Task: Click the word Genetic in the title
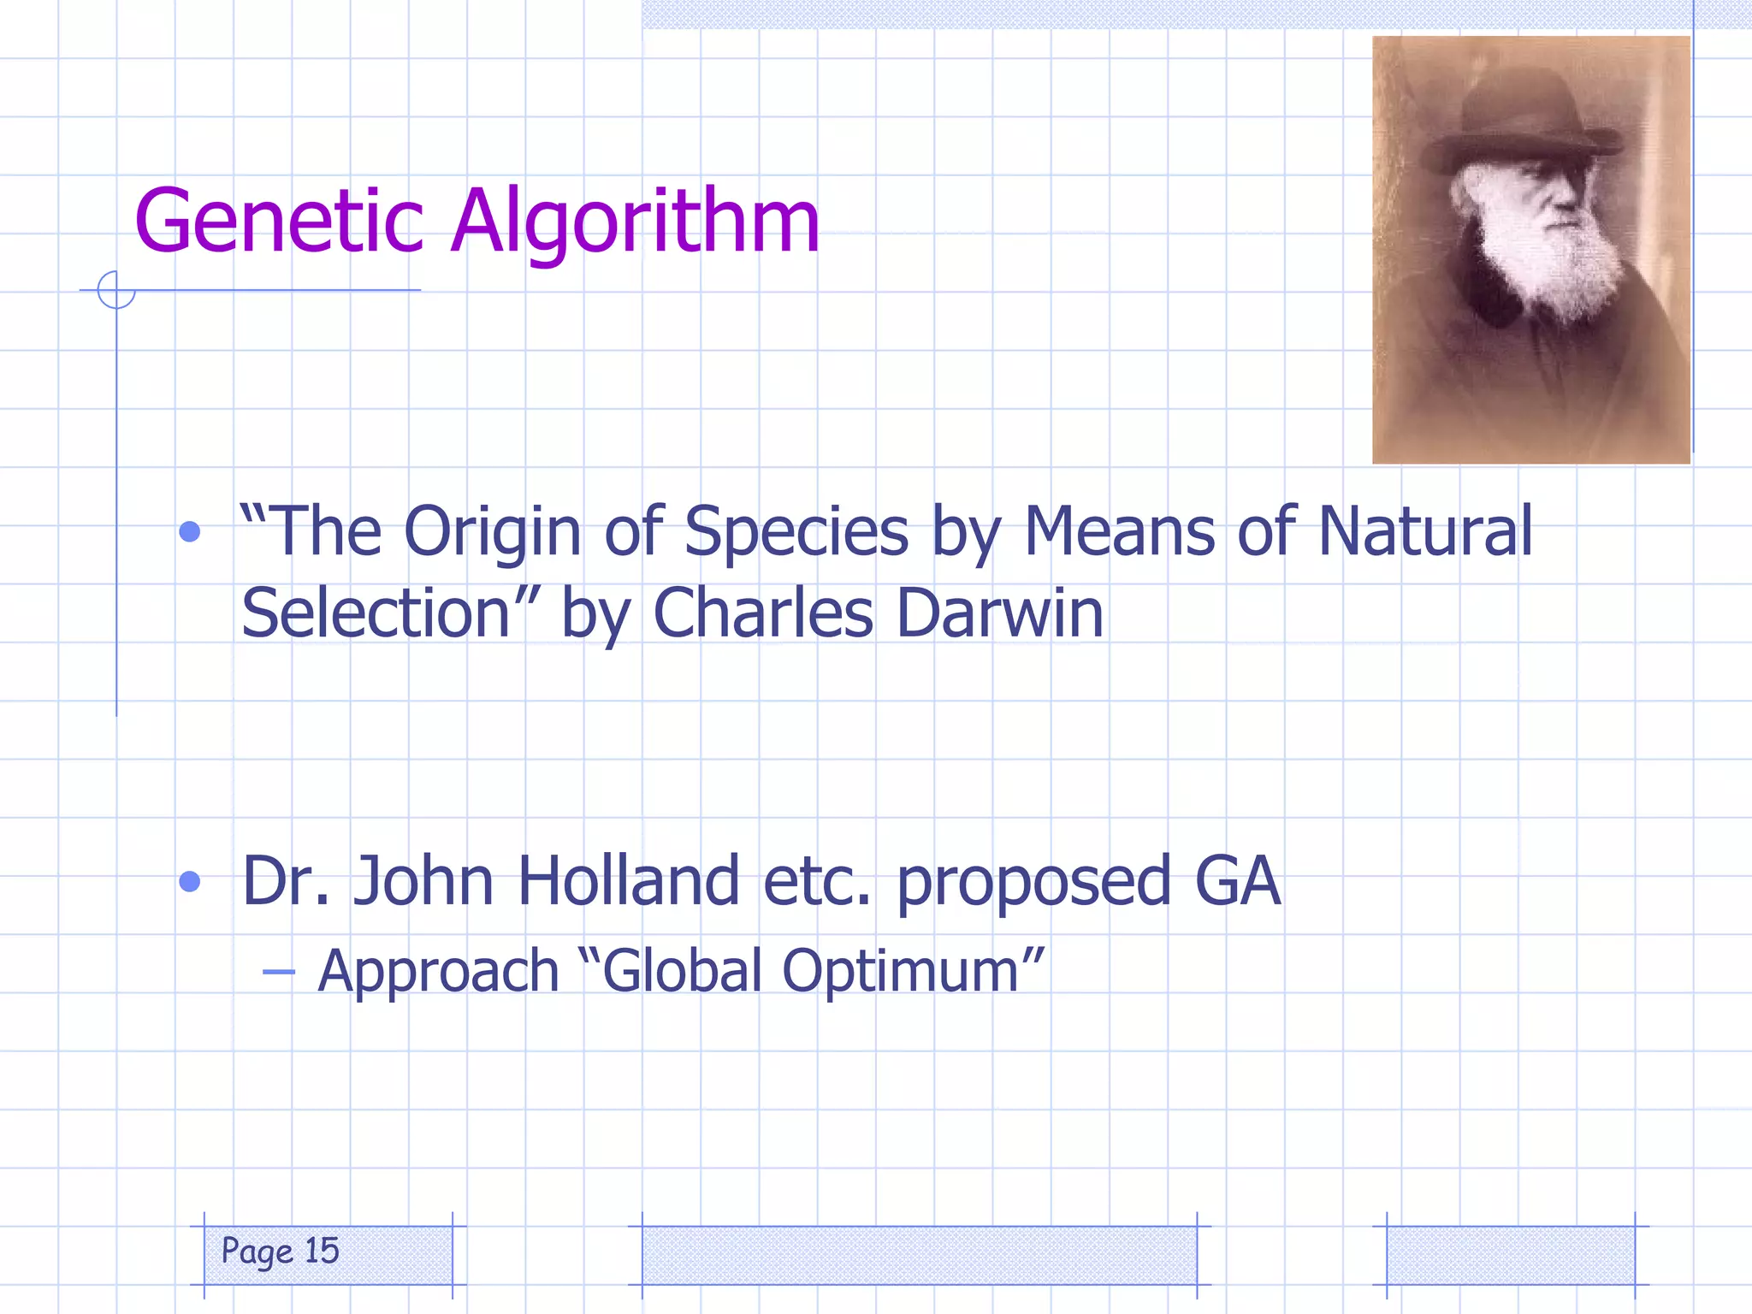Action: point(279,222)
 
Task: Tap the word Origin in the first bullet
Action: point(492,532)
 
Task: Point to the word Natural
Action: point(1424,532)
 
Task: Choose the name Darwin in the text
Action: point(1000,613)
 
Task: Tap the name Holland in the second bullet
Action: point(628,881)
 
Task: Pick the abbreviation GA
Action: point(1237,881)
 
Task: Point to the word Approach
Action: point(438,972)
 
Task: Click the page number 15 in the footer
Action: point(323,1251)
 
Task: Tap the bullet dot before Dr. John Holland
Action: point(190,881)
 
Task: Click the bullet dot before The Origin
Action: point(190,532)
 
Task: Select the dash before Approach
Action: point(279,972)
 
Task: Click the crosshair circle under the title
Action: point(116,290)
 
